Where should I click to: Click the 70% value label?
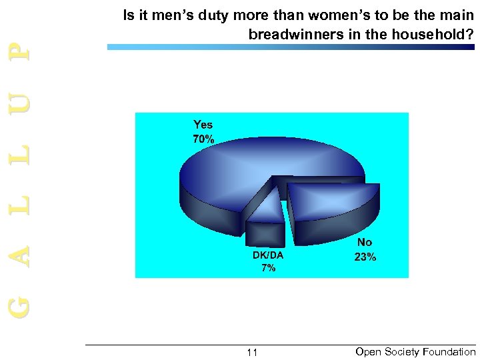[x=203, y=140]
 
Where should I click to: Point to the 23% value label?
[x=365, y=257]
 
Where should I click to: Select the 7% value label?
[x=268, y=268]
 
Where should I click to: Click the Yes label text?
[x=203, y=125]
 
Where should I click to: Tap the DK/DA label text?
[x=268, y=255]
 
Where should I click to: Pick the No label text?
[x=365, y=243]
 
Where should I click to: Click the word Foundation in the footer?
[x=447, y=351]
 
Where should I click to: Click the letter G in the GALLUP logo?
[x=21, y=306]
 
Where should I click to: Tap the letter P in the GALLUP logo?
[x=21, y=49]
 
